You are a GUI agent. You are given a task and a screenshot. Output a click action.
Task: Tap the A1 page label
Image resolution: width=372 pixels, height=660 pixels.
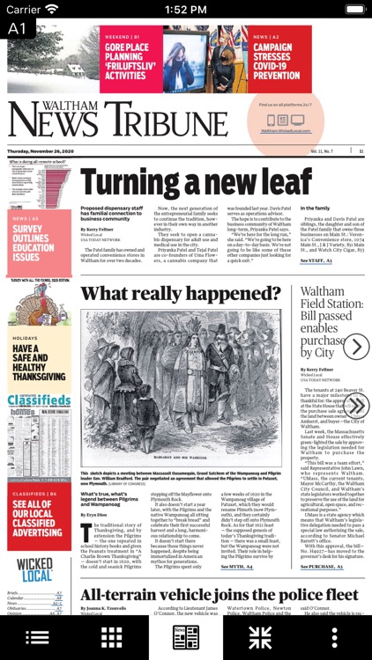click(x=18, y=28)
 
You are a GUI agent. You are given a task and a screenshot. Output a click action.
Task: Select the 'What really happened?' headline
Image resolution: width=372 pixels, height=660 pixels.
click(x=182, y=293)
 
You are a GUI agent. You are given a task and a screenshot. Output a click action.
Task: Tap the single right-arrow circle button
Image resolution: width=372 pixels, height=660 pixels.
click(x=355, y=347)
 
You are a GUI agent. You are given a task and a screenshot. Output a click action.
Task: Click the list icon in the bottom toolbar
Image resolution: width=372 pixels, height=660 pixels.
click(x=37, y=637)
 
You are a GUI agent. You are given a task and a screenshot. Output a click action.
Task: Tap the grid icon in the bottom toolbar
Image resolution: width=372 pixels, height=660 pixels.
click(x=111, y=637)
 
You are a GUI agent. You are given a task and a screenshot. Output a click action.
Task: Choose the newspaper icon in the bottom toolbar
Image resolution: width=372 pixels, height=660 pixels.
click(x=186, y=637)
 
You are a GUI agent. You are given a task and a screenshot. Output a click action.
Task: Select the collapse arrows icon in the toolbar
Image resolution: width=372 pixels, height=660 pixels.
click(x=259, y=637)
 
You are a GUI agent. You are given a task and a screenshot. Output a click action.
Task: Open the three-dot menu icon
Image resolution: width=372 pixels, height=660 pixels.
click(x=334, y=637)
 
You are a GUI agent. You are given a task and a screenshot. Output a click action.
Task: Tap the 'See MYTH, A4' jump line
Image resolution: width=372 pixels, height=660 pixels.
click(x=237, y=567)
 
